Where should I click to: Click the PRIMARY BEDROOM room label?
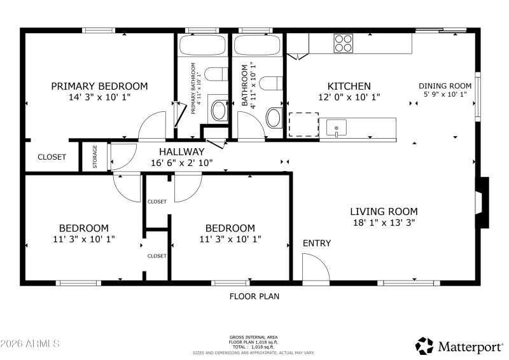[x=99, y=86]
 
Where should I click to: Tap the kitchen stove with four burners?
[x=344, y=43]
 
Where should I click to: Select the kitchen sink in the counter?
[x=336, y=128]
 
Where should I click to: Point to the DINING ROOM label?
[x=445, y=86]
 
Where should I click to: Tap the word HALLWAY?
[x=182, y=151]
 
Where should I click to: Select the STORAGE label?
[x=95, y=156]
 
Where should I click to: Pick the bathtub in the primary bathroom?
[x=202, y=45]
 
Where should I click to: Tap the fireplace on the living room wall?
[x=484, y=203]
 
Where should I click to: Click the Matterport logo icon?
[x=424, y=345]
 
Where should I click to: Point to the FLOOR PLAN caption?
[x=254, y=296]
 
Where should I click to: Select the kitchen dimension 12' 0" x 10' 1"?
[x=349, y=97]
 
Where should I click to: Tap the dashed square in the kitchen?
[x=303, y=125]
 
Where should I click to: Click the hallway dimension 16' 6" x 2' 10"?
[x=182, y=163]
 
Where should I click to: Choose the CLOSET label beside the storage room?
[x=52, y=157]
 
